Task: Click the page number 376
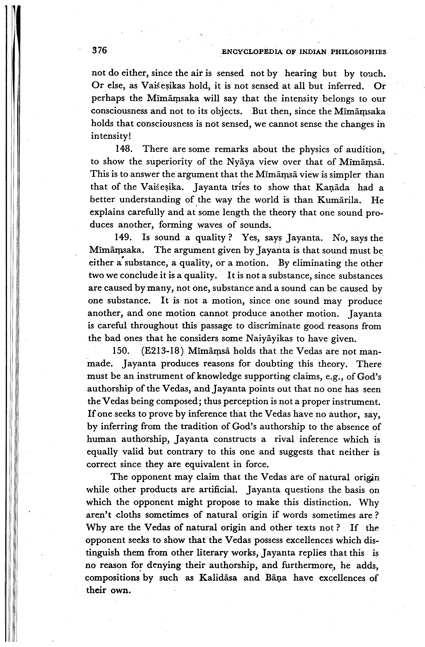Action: point(99,50)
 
